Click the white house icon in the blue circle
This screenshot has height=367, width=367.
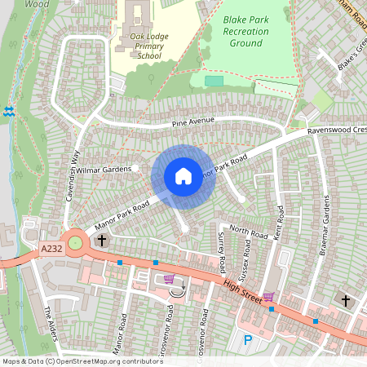(183, 176)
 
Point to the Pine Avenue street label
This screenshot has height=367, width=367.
(192, 122)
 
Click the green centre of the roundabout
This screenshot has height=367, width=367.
(76, 242)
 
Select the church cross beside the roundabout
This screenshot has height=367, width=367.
(102, 241)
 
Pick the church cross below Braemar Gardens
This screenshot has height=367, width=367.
(345, 301)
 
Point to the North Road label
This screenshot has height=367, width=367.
(248, 232)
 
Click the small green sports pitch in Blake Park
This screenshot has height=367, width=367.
(214, 81)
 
